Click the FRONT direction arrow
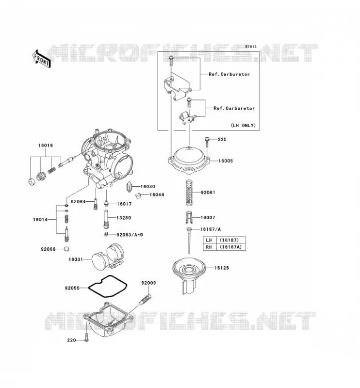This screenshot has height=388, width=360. point(42,59)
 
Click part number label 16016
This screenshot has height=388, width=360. point(46,145)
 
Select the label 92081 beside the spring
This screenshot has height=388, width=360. point(208,193)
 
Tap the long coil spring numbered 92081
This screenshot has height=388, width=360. point(189,193)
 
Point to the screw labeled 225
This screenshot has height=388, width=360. point(207,142)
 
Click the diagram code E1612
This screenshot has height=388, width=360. point(251,47)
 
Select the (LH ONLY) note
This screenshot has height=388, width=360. point(243,126)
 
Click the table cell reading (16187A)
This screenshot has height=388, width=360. point(231,247)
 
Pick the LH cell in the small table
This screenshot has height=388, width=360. point(209,240)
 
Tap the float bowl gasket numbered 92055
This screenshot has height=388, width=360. point(108,286)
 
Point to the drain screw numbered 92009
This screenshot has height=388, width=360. point(146,299)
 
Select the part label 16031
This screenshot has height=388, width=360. point(76,259)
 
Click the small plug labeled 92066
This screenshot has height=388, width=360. point(66,249)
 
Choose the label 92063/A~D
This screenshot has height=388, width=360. point(130,235)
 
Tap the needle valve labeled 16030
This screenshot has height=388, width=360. point(130,187)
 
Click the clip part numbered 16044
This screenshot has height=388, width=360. point(139,195)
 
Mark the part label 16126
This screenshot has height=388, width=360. point(222,268)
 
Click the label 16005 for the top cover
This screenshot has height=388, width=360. point(226,161)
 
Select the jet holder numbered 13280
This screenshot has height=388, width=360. point(106,219)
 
